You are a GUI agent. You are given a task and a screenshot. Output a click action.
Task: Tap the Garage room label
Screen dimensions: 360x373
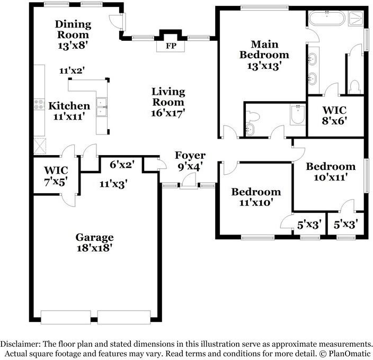[94, 237]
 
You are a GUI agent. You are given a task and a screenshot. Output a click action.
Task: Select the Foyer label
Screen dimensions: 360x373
[190, 155]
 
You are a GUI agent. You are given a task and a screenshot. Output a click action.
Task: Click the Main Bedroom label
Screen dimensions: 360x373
[264, 49]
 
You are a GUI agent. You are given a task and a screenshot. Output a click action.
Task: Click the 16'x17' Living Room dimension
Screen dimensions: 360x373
[168, 113]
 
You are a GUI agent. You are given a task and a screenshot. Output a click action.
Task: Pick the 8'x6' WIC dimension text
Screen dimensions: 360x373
[334, 121]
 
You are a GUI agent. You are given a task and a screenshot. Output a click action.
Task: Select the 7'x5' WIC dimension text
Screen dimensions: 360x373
[56, 182]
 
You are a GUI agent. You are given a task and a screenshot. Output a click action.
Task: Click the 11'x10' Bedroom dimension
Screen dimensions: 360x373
[255, 202]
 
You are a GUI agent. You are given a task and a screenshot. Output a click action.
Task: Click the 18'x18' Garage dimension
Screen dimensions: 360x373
[94, 247]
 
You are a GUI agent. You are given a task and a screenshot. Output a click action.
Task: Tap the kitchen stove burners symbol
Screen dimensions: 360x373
[39, 104]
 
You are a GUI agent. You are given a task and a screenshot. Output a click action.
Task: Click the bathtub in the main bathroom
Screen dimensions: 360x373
[325, 20]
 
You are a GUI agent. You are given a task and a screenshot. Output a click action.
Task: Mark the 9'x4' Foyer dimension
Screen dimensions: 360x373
[190, 166]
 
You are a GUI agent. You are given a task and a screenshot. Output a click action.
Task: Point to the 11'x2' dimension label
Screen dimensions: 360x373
[73, 70]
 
